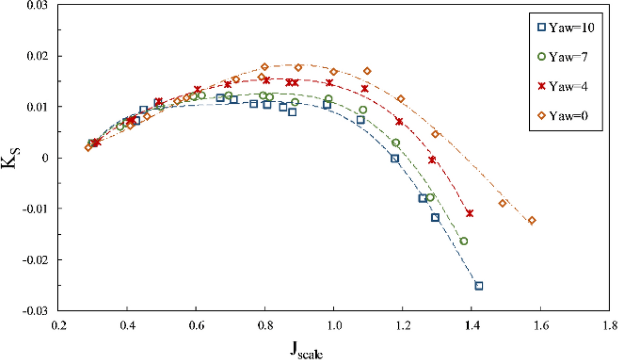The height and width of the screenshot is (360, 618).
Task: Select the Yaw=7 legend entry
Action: click(x=564, y=57)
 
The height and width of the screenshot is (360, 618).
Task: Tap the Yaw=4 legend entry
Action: click(x=564, y=87)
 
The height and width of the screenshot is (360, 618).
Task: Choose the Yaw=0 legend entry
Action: click(x=564, y=116)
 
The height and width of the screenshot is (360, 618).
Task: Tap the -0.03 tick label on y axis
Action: click(x=35, y=311)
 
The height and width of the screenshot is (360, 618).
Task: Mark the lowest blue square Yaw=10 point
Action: click(x=479, y=285)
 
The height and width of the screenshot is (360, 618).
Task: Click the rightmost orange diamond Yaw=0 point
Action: click(x=532, y=220)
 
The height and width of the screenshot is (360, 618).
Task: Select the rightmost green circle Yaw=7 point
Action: click(x=463, y=241)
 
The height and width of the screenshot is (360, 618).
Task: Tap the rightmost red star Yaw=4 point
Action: click(x=470, y=213)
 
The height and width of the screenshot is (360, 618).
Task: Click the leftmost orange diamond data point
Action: click(x=88, y=148)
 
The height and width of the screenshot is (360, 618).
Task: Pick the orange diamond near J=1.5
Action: click(x=503, y=203)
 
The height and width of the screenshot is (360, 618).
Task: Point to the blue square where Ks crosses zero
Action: click(x=395, y=159)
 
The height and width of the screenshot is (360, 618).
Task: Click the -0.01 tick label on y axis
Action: click(x=35, y=209)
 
